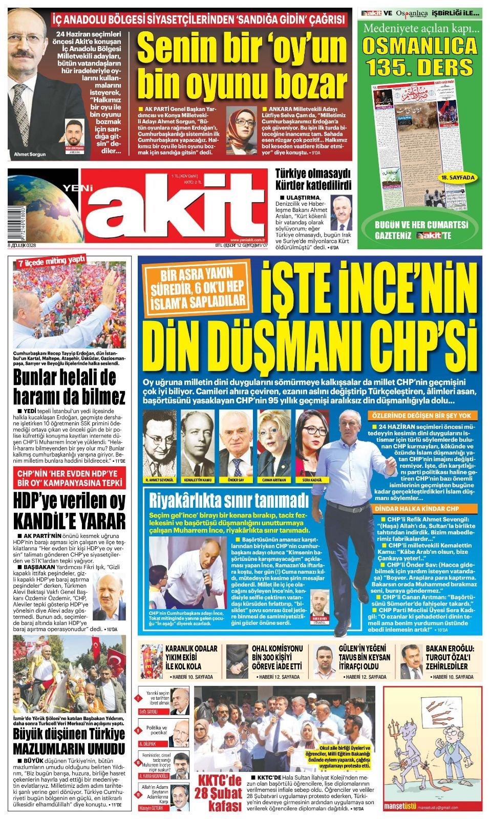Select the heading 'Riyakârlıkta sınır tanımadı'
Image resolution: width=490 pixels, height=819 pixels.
point(228,500)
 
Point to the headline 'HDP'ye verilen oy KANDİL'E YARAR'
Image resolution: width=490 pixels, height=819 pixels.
point(69,511)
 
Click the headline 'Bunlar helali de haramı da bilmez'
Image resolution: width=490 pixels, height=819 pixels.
point(69,387)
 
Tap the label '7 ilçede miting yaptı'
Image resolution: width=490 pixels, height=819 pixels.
point(51,262)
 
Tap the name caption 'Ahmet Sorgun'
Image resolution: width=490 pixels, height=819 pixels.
point(30,154)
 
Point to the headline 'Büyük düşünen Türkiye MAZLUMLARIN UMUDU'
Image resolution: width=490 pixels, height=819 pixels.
point(69,741)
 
